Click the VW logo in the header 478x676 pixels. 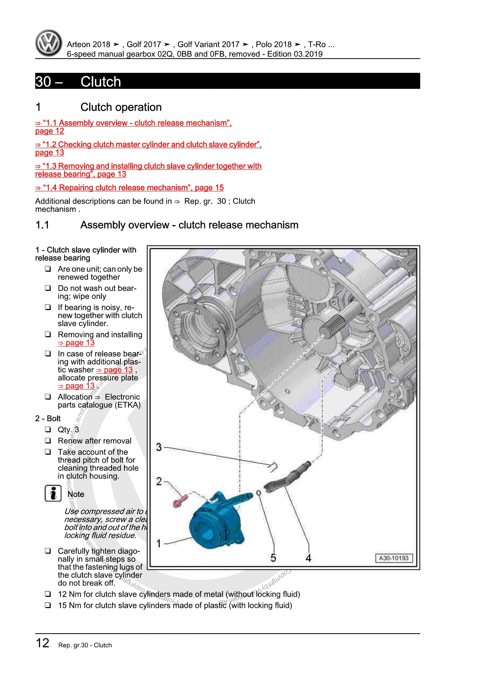coord(49,43)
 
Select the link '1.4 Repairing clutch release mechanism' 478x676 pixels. coord(129,187)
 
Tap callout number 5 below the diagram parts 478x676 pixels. coord(273,558)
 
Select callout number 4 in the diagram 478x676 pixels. coord(308,558)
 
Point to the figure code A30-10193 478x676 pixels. coord(394,558)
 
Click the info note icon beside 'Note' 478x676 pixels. coord(53,494)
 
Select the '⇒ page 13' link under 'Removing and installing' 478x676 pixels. coord(76,343)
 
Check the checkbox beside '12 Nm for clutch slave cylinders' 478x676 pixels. coord(48,594)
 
